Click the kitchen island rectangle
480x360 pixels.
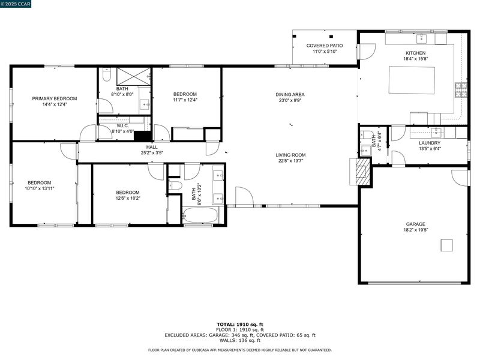pos(412,80)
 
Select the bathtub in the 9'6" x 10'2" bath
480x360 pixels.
pos(200,215)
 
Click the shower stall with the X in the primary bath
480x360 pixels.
pos(133,77)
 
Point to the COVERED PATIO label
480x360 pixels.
pos(325,46)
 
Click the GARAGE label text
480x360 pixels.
pos(416,224)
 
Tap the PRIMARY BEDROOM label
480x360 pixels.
pos(55,98)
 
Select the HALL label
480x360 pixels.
pos(152,147)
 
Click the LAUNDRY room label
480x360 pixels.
pos(430,143)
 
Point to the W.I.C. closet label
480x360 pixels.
pos(123,126)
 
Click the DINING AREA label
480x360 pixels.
pos(290,95)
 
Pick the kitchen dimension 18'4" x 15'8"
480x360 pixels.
pos(415,58)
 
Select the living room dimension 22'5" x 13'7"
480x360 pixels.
pos(290,161)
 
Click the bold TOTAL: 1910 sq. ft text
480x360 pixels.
pos(240,325)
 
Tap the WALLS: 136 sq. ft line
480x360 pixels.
pos(240,340)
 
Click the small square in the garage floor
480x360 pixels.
pos(446,245)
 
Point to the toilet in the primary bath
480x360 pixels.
pos(106,74)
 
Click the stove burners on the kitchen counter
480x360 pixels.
pos(461,90)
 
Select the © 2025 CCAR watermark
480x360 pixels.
pos(16,4)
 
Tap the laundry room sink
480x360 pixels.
pos(436,133)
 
